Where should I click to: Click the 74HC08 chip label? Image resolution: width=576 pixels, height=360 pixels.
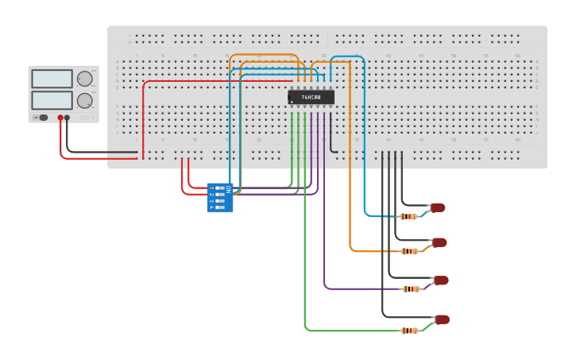point(311,97)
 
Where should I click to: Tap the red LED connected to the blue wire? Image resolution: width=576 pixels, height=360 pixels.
point(438,208)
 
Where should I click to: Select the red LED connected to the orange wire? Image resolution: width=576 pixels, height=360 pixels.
point(439,242)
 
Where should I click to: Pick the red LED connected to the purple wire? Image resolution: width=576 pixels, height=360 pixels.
point(441,281)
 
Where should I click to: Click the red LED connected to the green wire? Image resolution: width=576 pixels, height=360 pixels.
point(442,319)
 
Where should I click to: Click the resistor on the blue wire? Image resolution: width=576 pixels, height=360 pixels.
point(408,216)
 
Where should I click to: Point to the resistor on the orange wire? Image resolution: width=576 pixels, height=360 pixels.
point(409,251)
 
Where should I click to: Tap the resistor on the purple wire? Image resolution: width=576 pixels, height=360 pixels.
point(411,289)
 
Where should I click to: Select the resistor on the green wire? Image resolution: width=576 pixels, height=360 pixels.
point(410,331)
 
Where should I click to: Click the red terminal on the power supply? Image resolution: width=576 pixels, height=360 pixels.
point(60,118)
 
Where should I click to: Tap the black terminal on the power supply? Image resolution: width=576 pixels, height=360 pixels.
point(68,118)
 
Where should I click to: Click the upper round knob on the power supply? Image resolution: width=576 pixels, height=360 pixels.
point(83,79)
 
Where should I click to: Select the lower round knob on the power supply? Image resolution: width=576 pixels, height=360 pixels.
point(83,100)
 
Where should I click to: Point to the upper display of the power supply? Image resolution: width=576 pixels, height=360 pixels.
point(52,79)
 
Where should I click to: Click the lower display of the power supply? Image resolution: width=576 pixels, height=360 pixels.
point(52,100)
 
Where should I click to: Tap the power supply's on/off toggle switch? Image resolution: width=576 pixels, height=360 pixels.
point(41,118)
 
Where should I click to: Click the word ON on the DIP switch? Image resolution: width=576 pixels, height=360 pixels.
point(228,189)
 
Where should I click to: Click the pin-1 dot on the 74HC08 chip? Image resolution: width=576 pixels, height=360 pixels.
point(292,103)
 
